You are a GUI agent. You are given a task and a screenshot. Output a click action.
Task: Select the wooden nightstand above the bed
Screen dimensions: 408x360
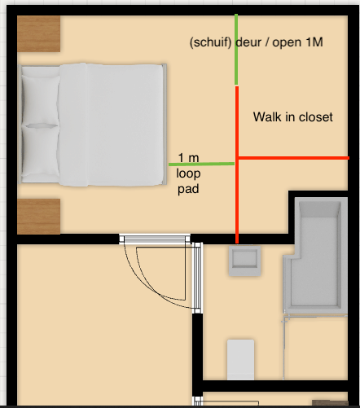[38, 35]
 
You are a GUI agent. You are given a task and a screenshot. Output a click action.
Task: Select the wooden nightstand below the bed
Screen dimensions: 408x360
[38, 216]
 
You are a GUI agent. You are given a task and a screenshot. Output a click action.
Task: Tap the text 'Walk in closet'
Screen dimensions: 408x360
[292, 117]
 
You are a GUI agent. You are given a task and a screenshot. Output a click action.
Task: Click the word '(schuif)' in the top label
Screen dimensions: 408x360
[210, 42]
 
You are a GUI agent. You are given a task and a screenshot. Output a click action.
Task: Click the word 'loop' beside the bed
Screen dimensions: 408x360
[189, 173]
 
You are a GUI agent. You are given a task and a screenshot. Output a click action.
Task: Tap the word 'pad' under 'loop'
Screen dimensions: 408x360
[189, 188]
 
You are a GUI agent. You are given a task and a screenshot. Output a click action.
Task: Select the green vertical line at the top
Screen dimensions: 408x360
[236, 49]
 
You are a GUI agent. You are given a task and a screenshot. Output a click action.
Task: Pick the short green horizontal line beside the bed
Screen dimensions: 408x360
[202, 165]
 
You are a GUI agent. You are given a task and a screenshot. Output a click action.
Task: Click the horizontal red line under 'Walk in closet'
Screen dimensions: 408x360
[293, 158]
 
